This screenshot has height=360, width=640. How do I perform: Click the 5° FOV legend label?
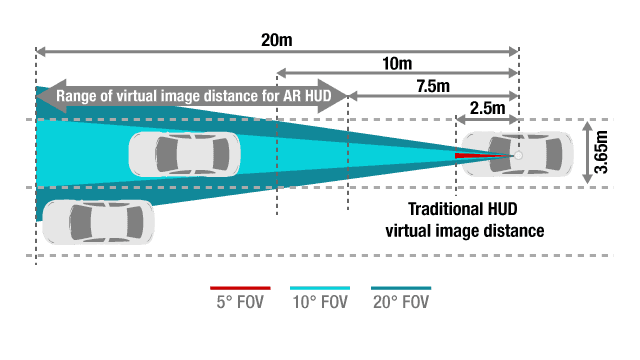coord(240,302)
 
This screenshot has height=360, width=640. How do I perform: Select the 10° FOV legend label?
coord(319,302)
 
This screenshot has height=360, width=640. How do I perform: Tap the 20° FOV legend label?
coord(400,302)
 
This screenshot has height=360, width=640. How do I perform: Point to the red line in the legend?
coord(240,288)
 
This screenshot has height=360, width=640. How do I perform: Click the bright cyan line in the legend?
coord(320,288)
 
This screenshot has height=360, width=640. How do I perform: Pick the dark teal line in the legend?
coord(401,288)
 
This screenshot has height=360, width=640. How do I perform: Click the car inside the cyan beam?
coord(184,153)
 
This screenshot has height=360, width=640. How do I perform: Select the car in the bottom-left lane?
coord(98,221)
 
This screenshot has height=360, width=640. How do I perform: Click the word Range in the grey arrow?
coord(78,97)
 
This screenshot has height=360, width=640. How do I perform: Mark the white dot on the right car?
coord(518,155)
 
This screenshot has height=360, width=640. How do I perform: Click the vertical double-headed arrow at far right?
coord(588,153)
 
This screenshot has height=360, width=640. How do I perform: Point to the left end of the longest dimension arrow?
coord(39,51)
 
